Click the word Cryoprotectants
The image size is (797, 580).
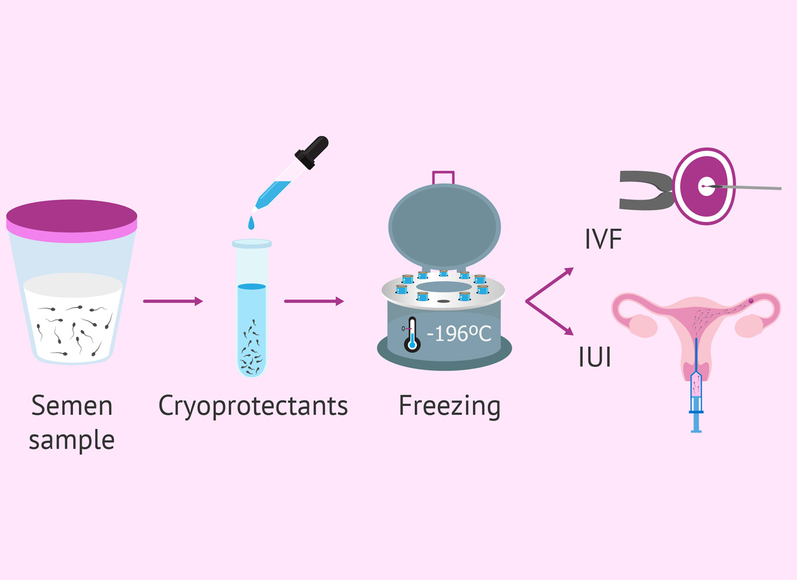tap(253, 406)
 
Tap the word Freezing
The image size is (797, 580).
tap(449, 406)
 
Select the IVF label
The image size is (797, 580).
tap(603, 239)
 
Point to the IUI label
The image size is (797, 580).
tap(595, 357)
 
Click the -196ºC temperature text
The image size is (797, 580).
tap(459, 333)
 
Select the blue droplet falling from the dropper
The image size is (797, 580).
tap(251, 222)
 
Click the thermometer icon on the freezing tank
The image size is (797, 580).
tap(412, 334)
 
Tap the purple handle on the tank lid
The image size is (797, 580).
tap(443, 177)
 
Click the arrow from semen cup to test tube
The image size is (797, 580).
tap(173, 301)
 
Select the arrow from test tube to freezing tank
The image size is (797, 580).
tap(314, 301)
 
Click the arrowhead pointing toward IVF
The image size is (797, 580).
tap(569, 272)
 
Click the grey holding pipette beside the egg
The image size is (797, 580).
tap(644, 191)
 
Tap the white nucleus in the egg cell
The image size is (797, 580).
tap(706, 186)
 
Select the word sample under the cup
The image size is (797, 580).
tap(72, 440)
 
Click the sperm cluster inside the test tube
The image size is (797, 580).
tap(251, 352)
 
